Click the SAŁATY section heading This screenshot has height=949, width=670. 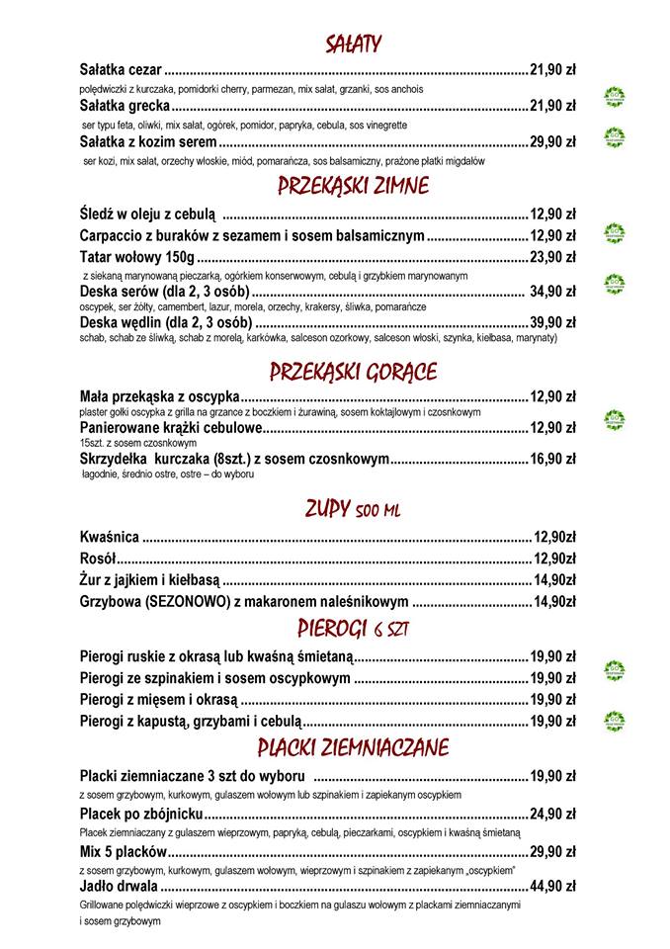[353, 43]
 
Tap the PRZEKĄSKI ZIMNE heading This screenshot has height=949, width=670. [353, 185]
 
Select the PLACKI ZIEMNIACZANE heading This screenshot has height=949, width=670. [353, 745]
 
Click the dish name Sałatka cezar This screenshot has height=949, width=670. [120, 70]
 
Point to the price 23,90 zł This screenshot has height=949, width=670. [552, 257]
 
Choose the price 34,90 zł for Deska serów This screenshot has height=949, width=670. [552, 292]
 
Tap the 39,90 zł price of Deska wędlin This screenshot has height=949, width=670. [552, 322]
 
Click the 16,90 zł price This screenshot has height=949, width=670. [552, 459]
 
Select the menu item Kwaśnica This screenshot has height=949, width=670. [109, 538]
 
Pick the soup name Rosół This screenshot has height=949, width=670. [98, 559]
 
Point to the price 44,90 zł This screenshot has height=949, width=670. [552, 886]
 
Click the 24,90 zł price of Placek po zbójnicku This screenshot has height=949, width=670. [552, 814]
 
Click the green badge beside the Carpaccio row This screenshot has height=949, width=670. [616, 233]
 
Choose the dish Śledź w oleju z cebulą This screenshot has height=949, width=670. [148, 213]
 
